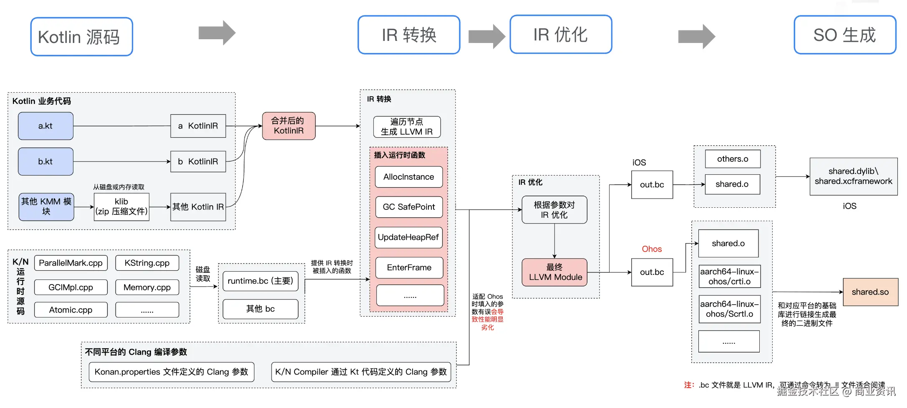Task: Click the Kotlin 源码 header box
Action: point(81,37)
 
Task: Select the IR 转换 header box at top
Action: point(408,35)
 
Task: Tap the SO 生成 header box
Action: point(844,35)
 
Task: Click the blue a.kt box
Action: point(45,126)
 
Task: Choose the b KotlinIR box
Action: point(198,161)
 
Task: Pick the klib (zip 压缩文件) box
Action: point(121,207)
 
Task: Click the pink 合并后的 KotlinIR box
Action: point(288,126)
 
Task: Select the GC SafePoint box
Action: point(408,207)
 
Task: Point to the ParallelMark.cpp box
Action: point(71,263)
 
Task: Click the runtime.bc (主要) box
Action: point(260,281)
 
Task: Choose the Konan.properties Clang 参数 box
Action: point(171,372)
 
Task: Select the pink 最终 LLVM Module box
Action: point(554,272)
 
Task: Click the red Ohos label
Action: point(651,249)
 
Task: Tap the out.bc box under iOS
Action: point(652,184)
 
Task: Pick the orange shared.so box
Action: point(870,292)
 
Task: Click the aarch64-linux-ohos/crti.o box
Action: point(729,276)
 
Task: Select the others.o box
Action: point(732,159)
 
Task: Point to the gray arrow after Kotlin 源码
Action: point(217,33)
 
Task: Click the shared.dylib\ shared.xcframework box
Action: point(853,176)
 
